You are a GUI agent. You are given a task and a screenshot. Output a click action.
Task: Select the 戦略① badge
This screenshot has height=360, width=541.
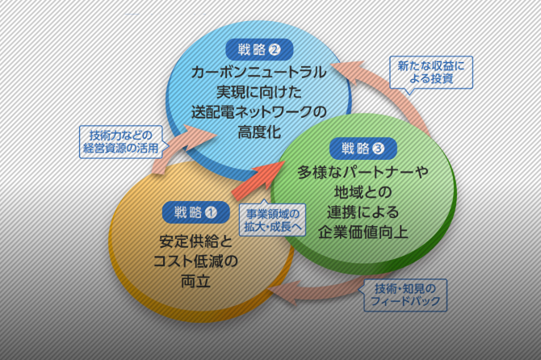(191, 213)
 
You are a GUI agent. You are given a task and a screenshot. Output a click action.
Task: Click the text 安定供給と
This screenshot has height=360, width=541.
(191, 241)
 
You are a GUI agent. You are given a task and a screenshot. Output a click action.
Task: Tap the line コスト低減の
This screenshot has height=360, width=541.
(191, 261)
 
